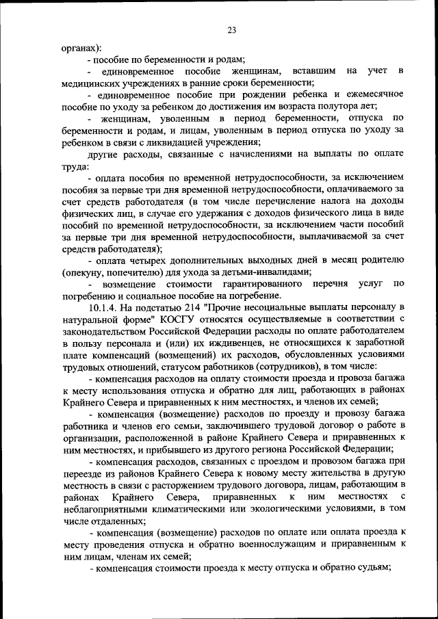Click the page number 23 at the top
[231, 29]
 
